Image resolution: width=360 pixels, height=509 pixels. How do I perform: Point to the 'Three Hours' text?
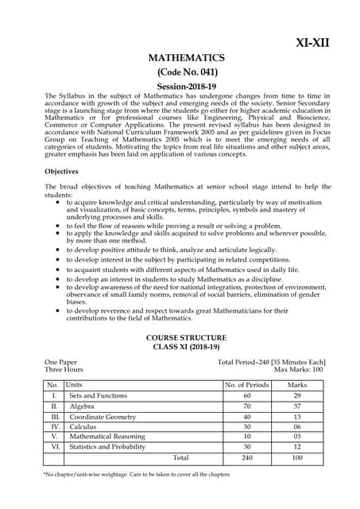[64, 370]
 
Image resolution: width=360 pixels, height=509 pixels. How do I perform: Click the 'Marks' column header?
[296, 385]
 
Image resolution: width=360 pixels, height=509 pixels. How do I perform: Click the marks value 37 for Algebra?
[296, 406]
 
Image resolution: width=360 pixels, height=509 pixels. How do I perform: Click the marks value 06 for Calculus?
[296, 426]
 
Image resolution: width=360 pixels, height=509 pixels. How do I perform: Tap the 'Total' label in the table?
[181, 458]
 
